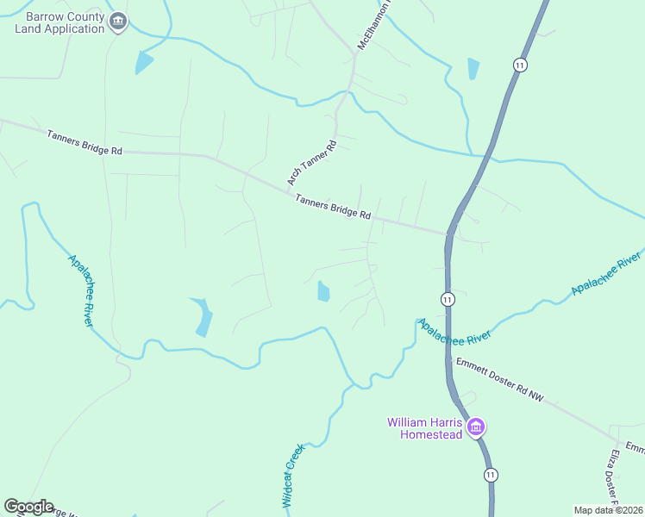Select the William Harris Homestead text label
425,428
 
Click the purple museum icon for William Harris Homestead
474,427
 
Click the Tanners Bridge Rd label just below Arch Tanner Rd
333,207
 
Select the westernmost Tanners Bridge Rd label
85,142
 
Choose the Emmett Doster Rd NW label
501,380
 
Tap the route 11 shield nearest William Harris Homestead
491,475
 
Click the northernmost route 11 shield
519,65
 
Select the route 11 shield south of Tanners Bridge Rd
448,299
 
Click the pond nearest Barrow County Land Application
143,62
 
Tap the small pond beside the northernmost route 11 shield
473,69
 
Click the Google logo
28,507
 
